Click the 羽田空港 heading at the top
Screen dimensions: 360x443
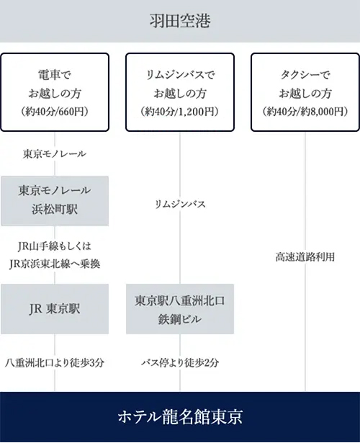(x=180, y=21)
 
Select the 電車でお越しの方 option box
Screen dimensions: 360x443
(x=55, y=92)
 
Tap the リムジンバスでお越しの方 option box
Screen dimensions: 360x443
(x=180, y=92)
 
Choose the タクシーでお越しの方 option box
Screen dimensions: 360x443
(x=305, y=92)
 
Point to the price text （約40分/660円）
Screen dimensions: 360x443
(x=55, y=112)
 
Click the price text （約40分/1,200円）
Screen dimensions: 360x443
(x=180, y=112)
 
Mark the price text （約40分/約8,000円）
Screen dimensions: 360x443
(x=305, y=112)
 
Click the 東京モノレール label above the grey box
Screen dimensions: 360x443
(x=55, y=154)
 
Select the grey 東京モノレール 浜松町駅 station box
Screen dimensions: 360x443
(x=55, y=201)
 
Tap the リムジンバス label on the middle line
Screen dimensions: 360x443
(x=180, y=204)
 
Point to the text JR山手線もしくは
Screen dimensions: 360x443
(x=55, y=246)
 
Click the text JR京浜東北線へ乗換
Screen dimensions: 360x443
(x=55, y=264)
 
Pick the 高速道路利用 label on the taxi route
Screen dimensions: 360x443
(x=305, y=257)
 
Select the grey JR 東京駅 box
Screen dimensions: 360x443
(x=55, y=309)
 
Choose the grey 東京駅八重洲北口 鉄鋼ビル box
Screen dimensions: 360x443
(x=180, y=309)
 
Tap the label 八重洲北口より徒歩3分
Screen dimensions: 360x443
(x=55, y=363)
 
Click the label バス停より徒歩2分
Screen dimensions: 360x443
(x=180, y=363)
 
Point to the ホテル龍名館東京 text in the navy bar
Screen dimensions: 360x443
(x=180, y=417)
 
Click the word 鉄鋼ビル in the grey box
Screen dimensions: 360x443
(x=180, y=319)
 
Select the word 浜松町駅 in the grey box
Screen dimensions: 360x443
(x=55, y=210)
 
